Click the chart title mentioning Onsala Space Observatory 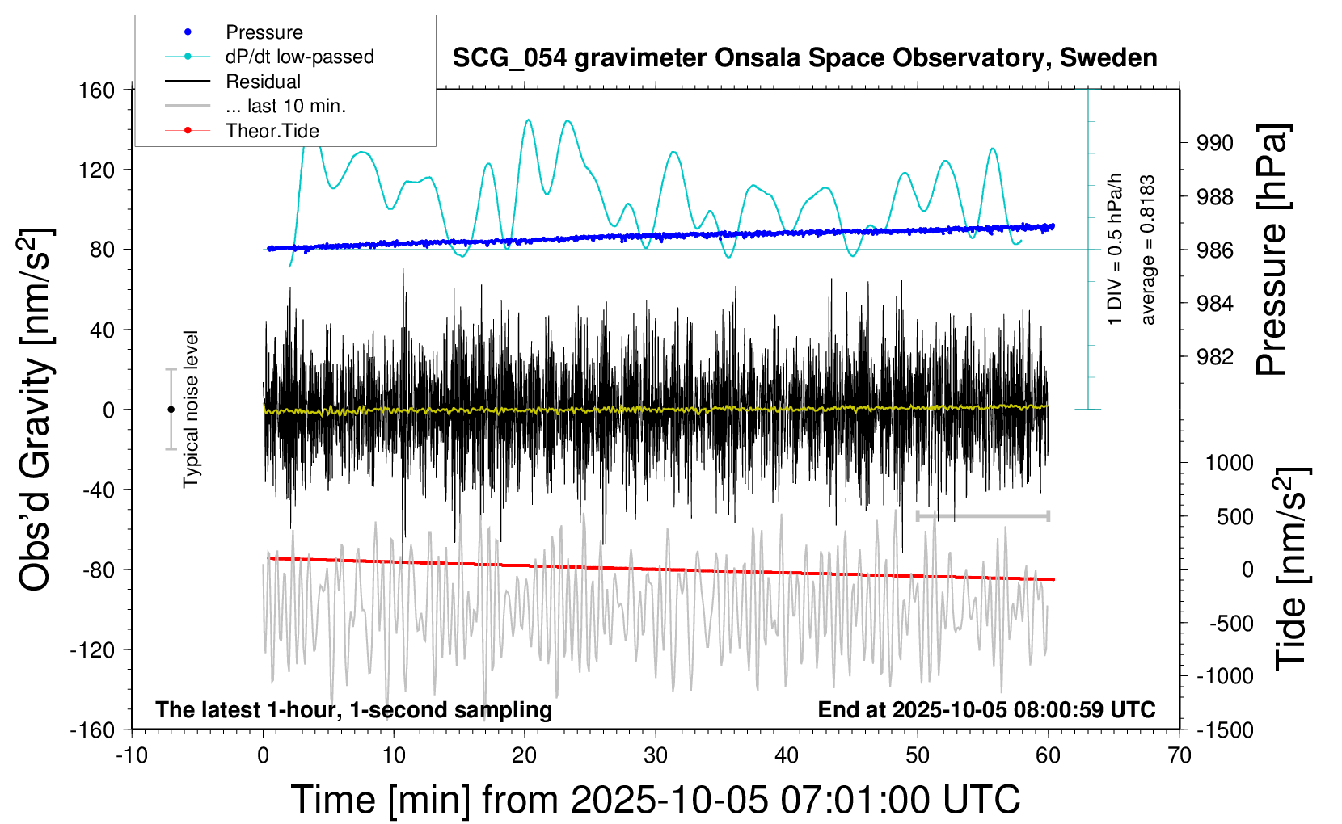804,58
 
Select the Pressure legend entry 264,32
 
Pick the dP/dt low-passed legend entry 299,57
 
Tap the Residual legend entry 263,82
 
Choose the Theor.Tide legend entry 272,131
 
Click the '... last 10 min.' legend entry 285,106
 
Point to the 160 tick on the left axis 97,90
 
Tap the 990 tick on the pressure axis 1215,143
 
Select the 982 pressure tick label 1215,357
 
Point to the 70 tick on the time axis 1180,756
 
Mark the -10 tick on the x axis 132,756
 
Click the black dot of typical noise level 171,410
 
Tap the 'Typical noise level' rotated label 191,410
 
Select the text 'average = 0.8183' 1148,250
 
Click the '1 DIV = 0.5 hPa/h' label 1116,249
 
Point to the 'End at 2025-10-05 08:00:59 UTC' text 986,710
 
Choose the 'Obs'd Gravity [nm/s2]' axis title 36,410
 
